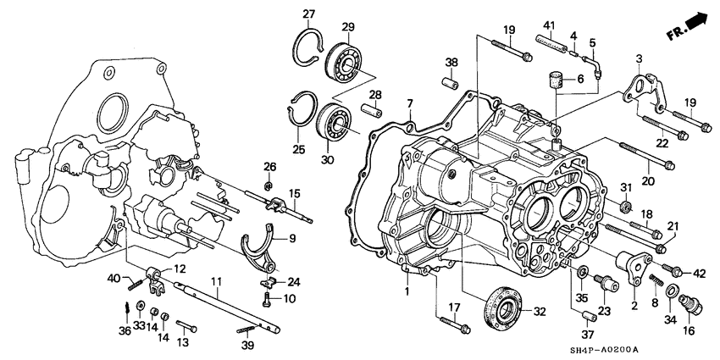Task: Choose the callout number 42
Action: [699, 272]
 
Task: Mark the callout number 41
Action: [548, 25]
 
